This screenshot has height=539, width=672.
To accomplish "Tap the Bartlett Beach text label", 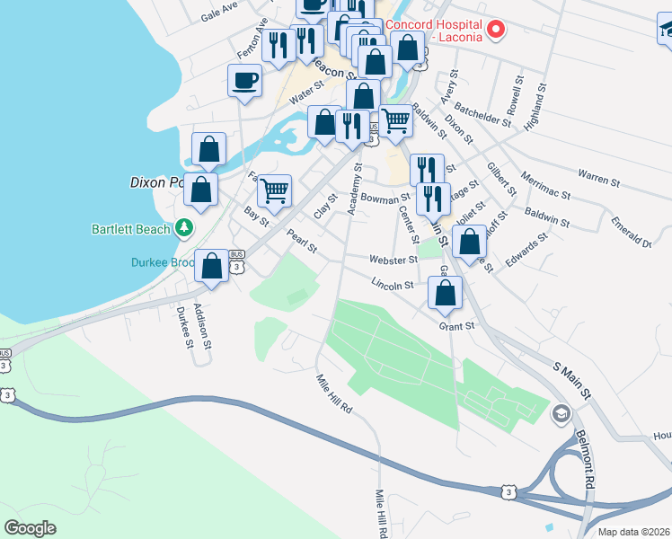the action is click(x=131, y=229).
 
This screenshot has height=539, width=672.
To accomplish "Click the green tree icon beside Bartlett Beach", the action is click(x=184, y=228).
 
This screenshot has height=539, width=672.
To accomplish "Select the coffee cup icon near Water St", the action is click(x=244, y=81).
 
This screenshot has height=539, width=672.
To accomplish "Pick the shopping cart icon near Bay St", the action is click(x=274, y=190).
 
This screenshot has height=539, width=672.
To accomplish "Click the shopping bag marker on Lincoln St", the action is click(x=445, y=292).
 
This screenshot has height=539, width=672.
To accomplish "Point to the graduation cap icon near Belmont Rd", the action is click(x=561, y=414).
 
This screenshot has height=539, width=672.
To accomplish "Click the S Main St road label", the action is click(x=571, y=382).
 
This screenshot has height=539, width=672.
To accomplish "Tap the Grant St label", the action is click(x=456, y=326).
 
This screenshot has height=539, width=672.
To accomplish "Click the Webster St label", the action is click(x=393, y=260).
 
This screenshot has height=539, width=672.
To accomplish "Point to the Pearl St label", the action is click(x=302, y=241).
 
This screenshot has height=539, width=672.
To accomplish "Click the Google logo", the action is click(x=31, y=528).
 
